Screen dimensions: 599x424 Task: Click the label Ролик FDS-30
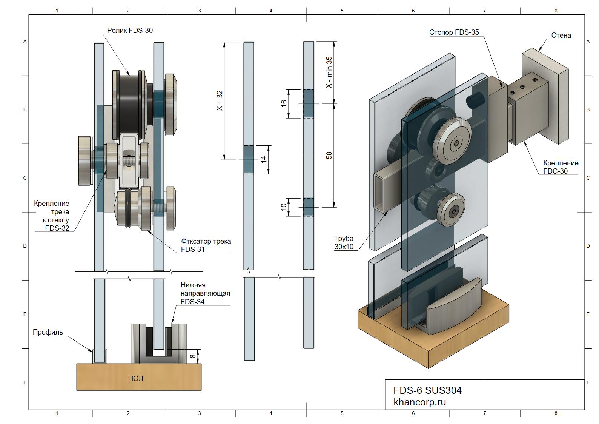(x=130, y=30)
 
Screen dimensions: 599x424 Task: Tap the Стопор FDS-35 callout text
(x=454, y=32)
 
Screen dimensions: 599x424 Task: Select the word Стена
(x=561, y=35)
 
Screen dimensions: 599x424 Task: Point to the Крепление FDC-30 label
(x=561, y=167)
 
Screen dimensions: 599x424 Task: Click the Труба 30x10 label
(x=344, y=242)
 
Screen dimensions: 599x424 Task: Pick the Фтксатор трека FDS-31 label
(x=206, y=245)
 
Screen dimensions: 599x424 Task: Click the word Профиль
(x=48, y=332)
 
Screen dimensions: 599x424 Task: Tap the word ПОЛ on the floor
(x=135, y=378)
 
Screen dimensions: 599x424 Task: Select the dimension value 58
(x=329, y=155)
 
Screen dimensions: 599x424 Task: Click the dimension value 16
(x=284, y=103)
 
